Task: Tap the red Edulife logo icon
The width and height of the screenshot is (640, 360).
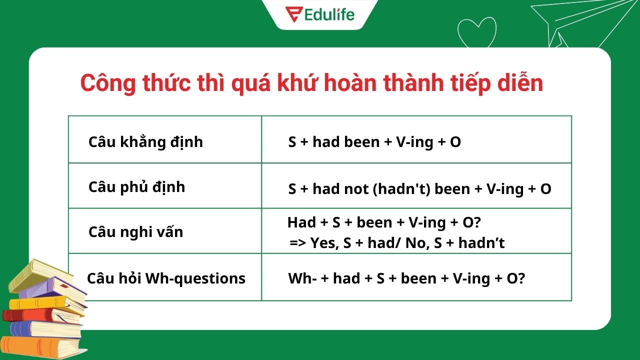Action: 292,14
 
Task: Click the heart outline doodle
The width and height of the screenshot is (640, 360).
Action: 476,33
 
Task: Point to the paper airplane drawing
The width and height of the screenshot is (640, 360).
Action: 580,22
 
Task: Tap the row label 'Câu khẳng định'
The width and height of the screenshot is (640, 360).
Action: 145,142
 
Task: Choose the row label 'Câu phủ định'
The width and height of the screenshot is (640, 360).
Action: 136,187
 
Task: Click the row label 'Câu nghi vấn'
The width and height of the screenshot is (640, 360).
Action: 135,232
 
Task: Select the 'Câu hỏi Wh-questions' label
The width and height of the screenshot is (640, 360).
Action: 166,278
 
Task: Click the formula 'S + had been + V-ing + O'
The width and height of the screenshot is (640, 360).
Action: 374,142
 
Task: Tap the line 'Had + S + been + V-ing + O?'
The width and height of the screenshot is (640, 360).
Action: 383,222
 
